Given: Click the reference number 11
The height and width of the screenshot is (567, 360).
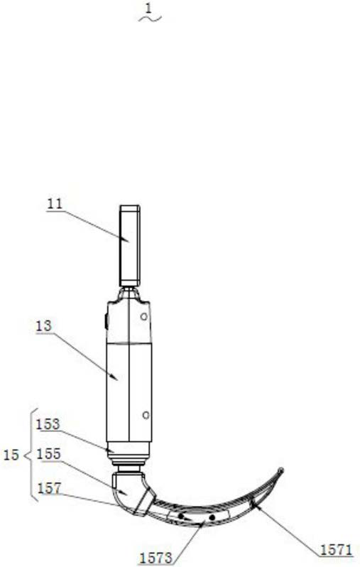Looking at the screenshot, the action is pos(55,204).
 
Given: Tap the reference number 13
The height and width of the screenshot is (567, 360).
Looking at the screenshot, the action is pos(44,326).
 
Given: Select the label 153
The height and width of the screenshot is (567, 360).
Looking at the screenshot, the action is pos(48,424).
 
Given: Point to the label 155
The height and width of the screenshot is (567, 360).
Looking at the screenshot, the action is pos(49,454).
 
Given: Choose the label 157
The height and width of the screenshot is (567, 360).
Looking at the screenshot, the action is pos(50,489).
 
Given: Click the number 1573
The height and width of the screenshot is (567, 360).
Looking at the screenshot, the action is pos(156,558).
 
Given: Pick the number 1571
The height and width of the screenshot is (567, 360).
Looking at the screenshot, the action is pos(336,550).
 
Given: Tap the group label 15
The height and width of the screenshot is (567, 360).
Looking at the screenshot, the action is pos(11,455).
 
